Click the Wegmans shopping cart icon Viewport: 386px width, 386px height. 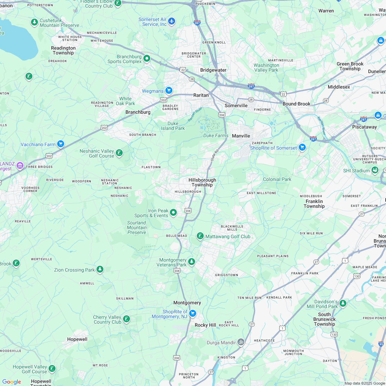[x=169, y=90]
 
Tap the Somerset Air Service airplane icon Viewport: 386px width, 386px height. [x=172, y=21]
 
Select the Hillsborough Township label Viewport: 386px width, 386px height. [x=202, y=182]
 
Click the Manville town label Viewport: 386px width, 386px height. [x=241, y=136]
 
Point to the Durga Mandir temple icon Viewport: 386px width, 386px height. [x=241, y=342]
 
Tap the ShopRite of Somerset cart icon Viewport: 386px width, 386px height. [x=302, y=147]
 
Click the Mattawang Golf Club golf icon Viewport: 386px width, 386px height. [x=200, y=236]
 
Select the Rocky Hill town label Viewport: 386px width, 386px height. [x=205, y=325]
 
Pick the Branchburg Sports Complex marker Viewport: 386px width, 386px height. [x=147, y=58]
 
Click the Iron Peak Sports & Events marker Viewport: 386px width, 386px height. [x=173, y=213]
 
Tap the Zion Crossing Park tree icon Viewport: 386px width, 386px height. [x=100, y=269]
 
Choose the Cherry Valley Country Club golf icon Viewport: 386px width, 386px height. [x=127, y=319]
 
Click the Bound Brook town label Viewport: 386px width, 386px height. [x=296, y=104]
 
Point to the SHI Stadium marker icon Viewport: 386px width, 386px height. [x=375, y=170]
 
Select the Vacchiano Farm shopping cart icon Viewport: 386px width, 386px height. [x=61, y=144]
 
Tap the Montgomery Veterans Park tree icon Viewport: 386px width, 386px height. [x=192, y=262]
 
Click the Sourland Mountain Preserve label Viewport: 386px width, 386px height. [x=137, y=227]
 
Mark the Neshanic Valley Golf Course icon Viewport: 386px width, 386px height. [x=119, y=153]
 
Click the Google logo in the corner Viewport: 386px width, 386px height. [x=11, y=382]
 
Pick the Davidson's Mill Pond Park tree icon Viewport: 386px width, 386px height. [x=343, y=303]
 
